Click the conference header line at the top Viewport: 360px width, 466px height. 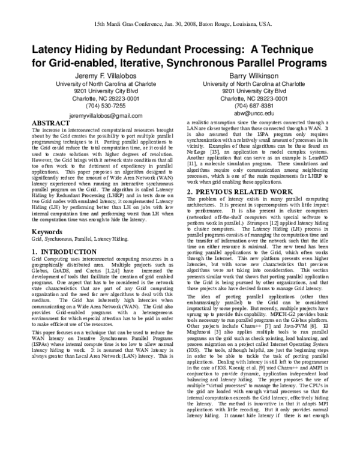point(180,19)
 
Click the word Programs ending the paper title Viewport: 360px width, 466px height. point(298,62)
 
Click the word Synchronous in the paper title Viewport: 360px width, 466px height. point(184,62)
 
